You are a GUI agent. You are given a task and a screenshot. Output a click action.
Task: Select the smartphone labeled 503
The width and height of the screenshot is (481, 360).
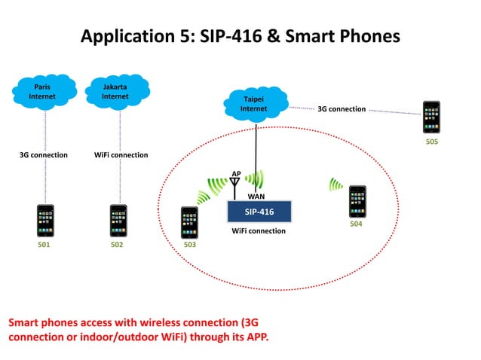[x=189, y=223]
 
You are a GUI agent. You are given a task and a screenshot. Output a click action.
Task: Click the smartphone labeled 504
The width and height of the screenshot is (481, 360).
[x=357, y=202]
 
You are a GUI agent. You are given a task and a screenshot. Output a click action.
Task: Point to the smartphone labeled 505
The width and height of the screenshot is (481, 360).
[x=430, y=117]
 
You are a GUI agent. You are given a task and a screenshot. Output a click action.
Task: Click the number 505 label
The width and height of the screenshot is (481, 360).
[x=430, y=141]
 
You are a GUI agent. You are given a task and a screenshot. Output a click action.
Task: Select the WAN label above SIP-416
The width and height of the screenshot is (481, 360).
[x=256, y=196]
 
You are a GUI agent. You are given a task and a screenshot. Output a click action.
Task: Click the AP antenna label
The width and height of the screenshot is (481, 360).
[x=236, y=173]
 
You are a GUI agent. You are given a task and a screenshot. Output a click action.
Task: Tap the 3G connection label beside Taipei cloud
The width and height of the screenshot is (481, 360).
[x=341, y=109]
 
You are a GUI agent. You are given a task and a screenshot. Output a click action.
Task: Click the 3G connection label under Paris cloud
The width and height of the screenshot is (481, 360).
[x=44, y=155]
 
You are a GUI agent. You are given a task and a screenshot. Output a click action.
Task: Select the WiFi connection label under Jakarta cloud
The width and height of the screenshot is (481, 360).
[x=121, y=155]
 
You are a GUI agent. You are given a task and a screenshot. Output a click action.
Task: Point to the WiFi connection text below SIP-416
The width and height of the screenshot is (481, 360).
[x=258, y=231]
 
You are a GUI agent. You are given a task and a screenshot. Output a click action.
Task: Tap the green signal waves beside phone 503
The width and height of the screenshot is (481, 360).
[x=204, y=197]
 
